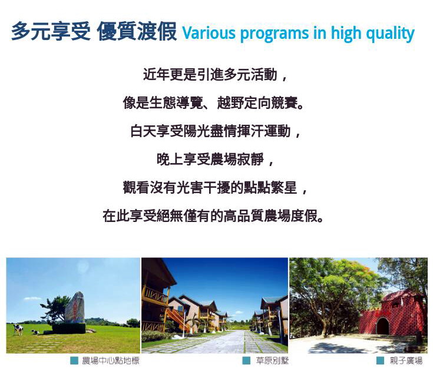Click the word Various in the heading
click(x=209, y=33)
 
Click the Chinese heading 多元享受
click(x=51, y=31)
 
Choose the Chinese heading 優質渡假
click(x=137, y=31)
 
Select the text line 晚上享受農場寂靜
click(x=214, y=160)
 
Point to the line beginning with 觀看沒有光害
click(x=214, y=187)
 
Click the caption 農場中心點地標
click(x=111, y=360)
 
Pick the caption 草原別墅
click(x=272, y=360)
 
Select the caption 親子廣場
click(x=406, y=360)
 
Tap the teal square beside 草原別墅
click(x=246, y=360)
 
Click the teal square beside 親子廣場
click(x=380, y=360)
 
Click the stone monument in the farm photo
click(x=75, y=308)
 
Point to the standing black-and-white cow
click(x=18, y=330)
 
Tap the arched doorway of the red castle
click(x=383, y=326)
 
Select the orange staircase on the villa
click(x=178, y=319)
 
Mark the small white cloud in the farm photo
click(x=32, y=299)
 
